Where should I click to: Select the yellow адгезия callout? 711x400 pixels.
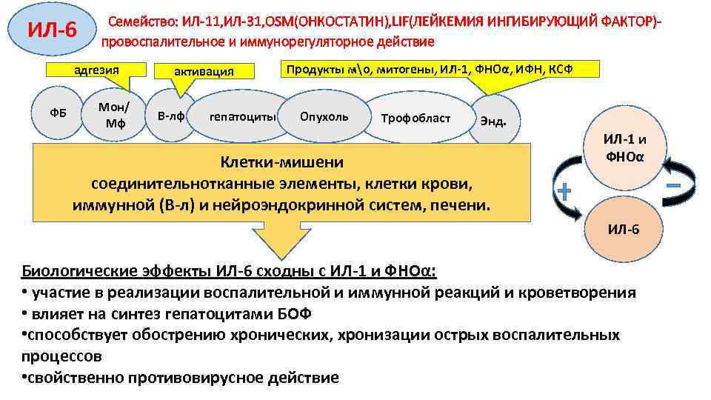pos(96,70)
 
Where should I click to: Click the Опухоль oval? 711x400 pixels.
pos(324,116)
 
